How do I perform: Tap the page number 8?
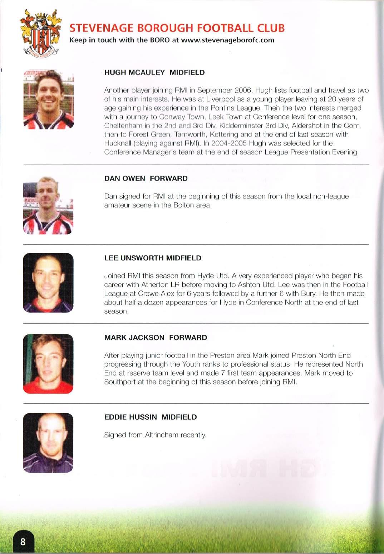click(x=23, y=541)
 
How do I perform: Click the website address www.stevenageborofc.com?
click(x=228, y=40)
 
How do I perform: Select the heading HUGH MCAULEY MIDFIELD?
click(x=154, y=73)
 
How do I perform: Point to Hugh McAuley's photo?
click(x=49, y=99)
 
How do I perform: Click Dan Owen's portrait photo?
click(x=48, y=206)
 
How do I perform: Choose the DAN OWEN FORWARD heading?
click(x=146, y=178)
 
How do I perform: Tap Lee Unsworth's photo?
click(x=48, y=283)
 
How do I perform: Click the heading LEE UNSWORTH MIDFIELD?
click(x=153, y=258)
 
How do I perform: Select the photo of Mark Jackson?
click(x=48, y=363)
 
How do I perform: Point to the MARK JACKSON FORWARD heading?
click(x=156, y=337)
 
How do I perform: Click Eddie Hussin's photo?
click(x=48, y=443)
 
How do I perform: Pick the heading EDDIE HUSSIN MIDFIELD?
click(x=151, y=417)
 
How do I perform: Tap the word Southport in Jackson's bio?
click(x=120, y=382)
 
